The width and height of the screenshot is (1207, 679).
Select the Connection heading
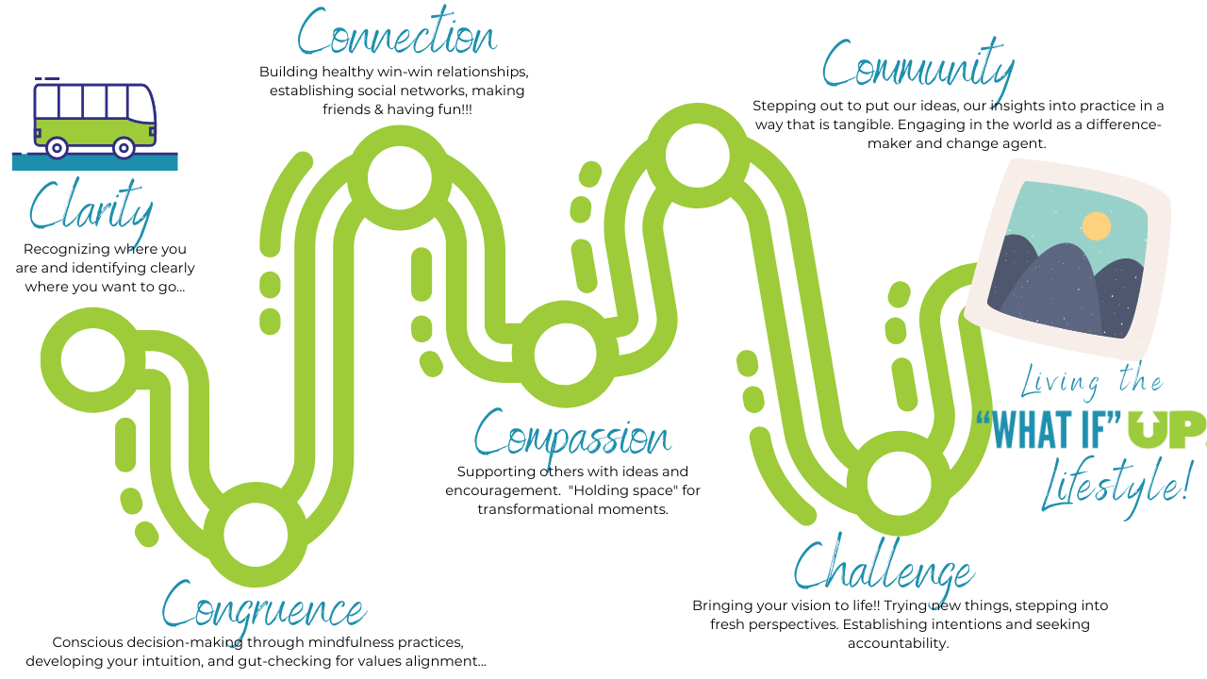coord(396,36)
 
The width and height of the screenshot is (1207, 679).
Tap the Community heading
coord(918,67)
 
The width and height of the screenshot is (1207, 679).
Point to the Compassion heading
coord(571,437)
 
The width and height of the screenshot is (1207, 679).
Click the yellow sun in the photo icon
coord(1096,226)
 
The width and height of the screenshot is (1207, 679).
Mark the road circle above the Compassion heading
coord(565,355)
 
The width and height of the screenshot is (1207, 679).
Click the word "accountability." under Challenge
coord(898,643)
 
